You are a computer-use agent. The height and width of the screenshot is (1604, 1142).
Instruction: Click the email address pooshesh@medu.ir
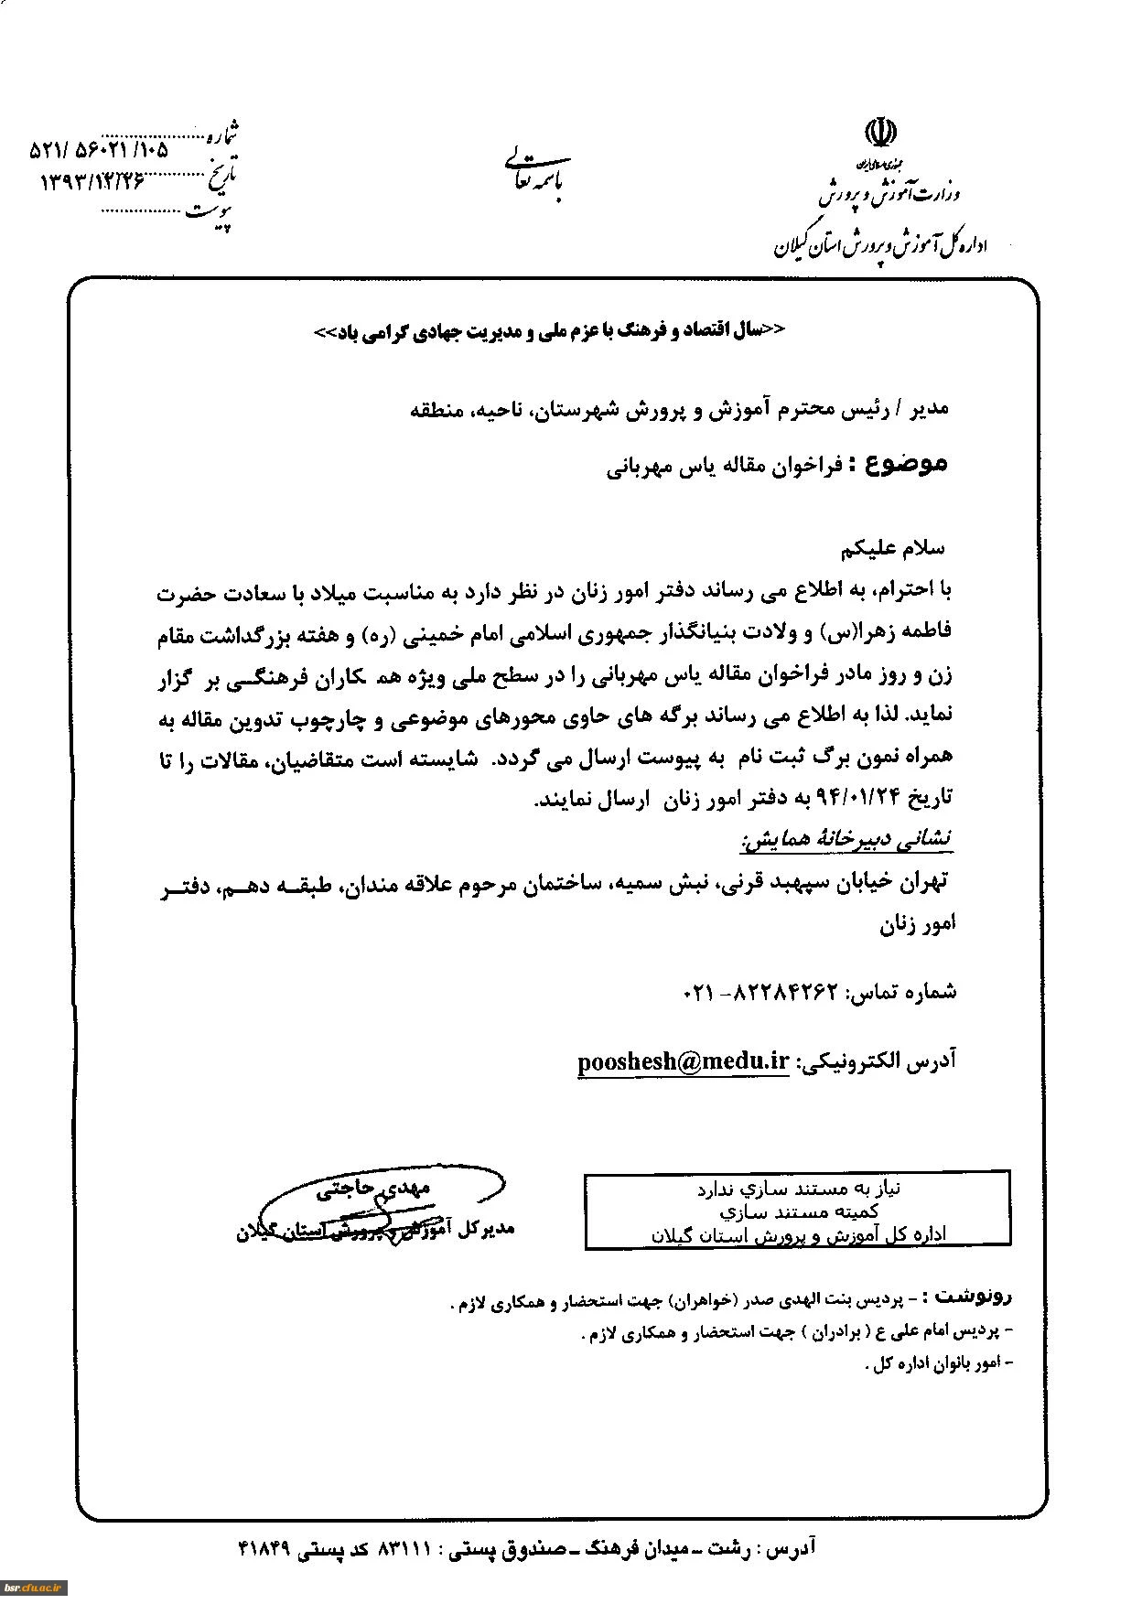[x=683, y=1060]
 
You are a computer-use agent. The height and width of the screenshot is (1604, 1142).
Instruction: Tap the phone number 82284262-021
[x=760, y=992]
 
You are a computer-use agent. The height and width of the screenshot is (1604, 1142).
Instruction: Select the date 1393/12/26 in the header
[x=92, y=180]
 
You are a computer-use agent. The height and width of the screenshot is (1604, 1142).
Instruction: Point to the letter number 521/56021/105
[x=99, y=147]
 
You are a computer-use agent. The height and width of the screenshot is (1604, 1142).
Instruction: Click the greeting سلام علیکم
[x=892, y=548]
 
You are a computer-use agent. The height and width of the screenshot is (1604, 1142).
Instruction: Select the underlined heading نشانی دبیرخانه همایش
[x=846, y=837]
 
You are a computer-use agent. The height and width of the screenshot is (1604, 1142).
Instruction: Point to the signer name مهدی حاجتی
[x=373, y=1189]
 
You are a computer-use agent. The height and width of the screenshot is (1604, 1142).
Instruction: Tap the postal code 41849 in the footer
[x=264, y=1548]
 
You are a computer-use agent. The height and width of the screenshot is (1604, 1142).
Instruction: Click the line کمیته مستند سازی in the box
[x=798, y=1211]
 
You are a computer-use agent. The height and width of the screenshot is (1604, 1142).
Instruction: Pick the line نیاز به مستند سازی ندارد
[x=798, y=1189]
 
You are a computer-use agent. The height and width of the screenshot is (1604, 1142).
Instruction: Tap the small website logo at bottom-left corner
[x=33, y=1588]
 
